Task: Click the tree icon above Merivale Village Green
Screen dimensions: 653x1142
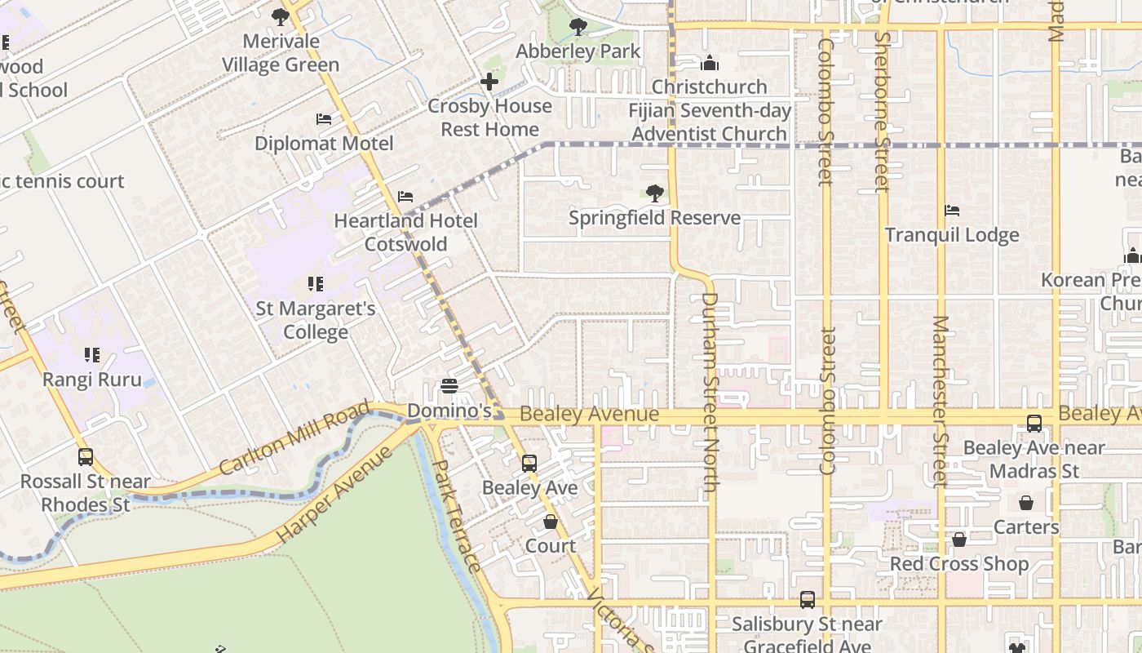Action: point(281,16)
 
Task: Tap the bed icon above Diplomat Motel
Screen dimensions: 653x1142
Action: point(324,119)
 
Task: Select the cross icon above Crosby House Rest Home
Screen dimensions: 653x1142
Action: point(489,82)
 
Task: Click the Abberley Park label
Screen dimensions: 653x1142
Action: point(578,51)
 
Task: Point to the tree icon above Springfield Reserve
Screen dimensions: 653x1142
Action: point(654,193)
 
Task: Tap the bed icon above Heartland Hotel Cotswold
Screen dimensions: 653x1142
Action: point(405,197)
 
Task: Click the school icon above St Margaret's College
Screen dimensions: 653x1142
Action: point(316,284)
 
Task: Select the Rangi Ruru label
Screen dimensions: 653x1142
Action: point(91,380)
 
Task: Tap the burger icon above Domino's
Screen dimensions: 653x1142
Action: point(449,386)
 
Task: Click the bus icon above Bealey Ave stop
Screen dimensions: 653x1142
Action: point(529,464)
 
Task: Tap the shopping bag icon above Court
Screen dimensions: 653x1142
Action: point(551,522)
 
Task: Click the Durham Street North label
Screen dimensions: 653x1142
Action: point(710,392)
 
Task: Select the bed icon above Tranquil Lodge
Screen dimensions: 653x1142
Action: point(952,211)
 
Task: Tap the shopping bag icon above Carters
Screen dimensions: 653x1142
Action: point(1026,503)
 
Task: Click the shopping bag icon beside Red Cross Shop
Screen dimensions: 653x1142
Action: point(959,540)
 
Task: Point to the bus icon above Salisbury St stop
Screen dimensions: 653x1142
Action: point(808,600)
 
